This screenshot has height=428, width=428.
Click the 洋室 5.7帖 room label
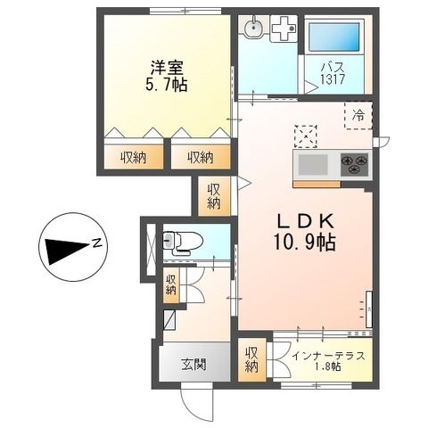pyautogui.click(x=166, y=76)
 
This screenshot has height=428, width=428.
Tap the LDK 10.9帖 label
pyautogui.click(x=305, y=233)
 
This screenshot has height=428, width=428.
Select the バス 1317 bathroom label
pyautogui.click(x=333, y=73)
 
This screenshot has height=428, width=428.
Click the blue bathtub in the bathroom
pyautogui.click(x=333, y=37)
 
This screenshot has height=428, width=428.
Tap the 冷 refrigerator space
pyautogui.click(x=358, y=115)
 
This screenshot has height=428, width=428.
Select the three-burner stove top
pyautogui.click(x=355, y=164)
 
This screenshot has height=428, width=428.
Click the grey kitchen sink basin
pyautogui.click(x=313, y=165)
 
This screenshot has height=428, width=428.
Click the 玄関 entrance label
pyautogui.click(x=193, y=365)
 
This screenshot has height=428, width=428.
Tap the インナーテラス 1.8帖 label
pyautogui.click(x=328, y=361)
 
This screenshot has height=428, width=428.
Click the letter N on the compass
pyautogui.click(x=97, y=243)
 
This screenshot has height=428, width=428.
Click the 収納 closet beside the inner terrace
pyautogui.click(x=251, y=360)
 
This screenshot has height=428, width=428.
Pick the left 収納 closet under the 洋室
pyautogui.click(x=134, y=157)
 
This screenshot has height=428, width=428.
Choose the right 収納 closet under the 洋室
pyautogui.click(x=201, y=157)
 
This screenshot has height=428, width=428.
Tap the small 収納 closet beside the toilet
pyautogui.click(x=171, y=285)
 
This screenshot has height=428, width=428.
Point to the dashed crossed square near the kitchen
pyautogui.click(x=306, y=136)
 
